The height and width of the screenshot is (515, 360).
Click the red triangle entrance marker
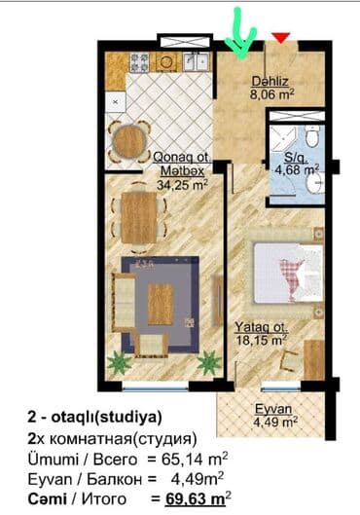click(x=281, y=37)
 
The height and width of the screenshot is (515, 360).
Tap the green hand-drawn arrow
click(x=240, y=36)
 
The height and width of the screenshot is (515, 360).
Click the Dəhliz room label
click(x=270, y=81)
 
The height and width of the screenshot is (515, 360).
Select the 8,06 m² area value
click(x=271, y=94)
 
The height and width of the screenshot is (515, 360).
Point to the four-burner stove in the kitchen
click(x=140, y=62)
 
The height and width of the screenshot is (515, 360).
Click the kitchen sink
click(x=196, y=61)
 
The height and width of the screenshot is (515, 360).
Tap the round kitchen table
click(x=129, y=141)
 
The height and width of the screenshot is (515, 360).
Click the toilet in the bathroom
click(x=311, y=135)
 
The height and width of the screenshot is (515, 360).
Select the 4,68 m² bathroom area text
click(x=297, y=170)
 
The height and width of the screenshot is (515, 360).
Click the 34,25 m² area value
click(x=182, y=185)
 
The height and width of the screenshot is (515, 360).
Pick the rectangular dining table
click(x=139, y=217)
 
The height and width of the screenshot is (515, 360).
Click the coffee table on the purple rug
click(x=161, y=304)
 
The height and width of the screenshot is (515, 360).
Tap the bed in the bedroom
click(x=287, y=273)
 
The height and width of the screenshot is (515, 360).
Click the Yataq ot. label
click(x=262, y=327)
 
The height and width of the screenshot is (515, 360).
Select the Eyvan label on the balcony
click(x=273, y=409)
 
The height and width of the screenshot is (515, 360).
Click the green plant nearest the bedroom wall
click(x=209, y=362)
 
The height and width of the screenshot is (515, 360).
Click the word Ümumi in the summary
click(x=54, y=459)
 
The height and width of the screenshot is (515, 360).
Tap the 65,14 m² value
click(x=195, y=459)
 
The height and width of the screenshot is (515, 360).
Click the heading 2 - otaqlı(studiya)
click(x=95, y=418)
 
